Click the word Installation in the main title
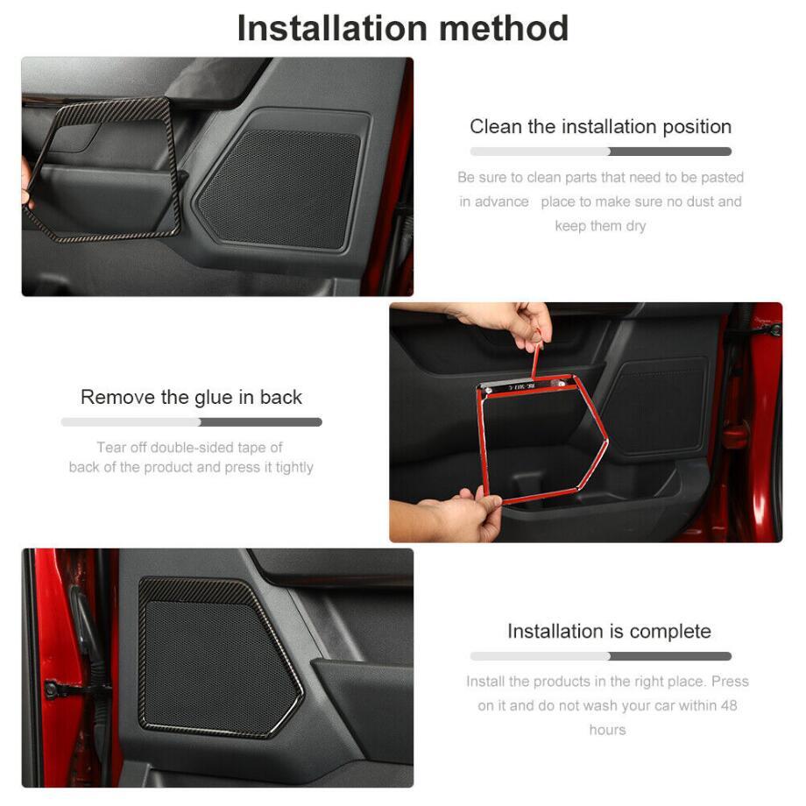click(x=332, y=29)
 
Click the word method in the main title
click(x=503, y=29)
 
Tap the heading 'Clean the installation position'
click(x=600, y=127)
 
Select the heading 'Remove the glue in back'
click(x=191, y=398)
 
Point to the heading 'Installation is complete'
click(x=609, y=632)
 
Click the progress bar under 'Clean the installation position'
click(x=600, y=152)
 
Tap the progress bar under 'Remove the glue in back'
click(x=191, y=422)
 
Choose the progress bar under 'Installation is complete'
click(x=600, y=656)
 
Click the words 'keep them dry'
click(x=600, y=226)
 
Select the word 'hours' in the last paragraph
click(x=608, y=730)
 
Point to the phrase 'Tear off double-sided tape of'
click(x=190, y=447)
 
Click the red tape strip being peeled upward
click(x=536, y=360)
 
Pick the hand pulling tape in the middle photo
click(x=506, y=322)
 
